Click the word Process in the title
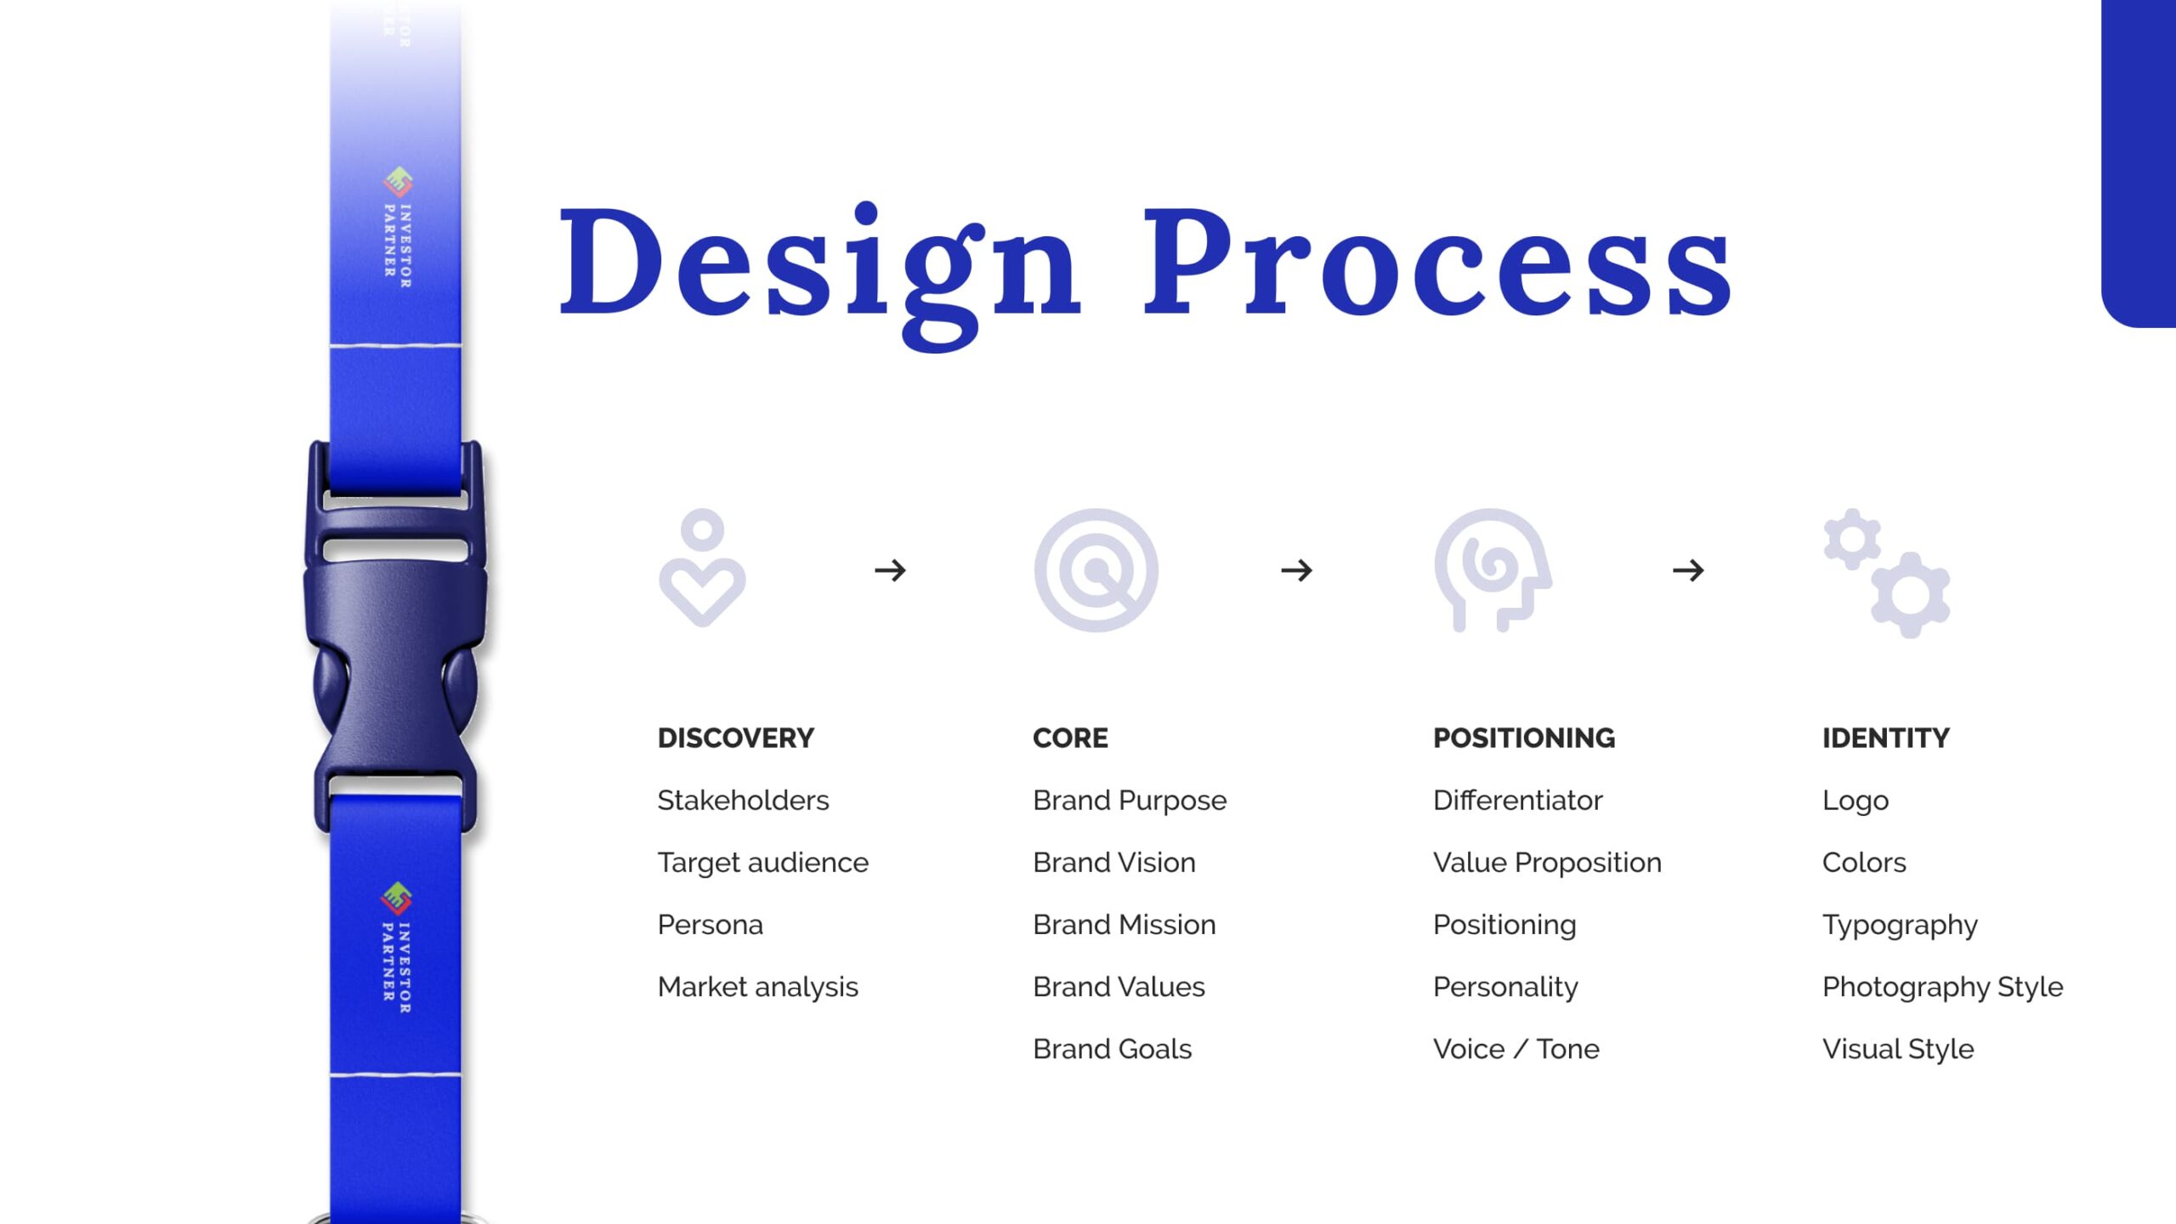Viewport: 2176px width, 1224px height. click(1437, 262)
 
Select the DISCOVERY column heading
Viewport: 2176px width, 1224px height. click(736, 738)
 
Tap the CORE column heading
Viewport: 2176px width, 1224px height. click(1070, 738)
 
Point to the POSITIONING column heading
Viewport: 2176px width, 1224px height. click(1524, 738)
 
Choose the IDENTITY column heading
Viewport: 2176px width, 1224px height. click(1886, 738)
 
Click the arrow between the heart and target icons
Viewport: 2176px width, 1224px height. click(890, 569)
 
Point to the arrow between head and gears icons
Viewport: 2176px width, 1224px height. click(1688, 569)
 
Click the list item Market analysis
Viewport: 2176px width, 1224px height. click(758, 987)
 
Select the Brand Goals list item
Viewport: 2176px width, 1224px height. click(1113, 1049)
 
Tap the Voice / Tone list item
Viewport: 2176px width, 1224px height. click(1516, 1049)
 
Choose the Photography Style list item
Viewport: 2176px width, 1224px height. click(1943, 988)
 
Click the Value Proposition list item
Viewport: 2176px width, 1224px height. click(1547, 863)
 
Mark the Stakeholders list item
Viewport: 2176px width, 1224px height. click(743, 800)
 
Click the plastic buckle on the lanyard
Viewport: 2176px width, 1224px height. click(395, 637)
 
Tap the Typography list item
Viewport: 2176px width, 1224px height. click(1900, 926)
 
